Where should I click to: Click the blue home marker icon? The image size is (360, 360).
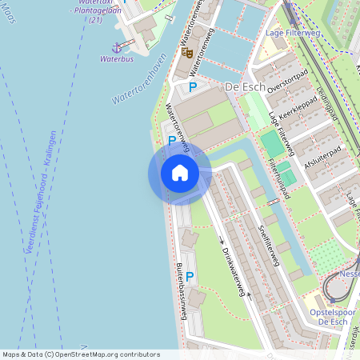click(x=179, y=173)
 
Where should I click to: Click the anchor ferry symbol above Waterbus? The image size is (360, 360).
click(x=116, y=47)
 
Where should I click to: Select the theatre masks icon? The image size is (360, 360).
click(x=187, y=53)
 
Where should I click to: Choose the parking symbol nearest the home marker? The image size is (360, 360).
click(x=172, y=141)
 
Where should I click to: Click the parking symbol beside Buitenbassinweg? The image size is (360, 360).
click(x=190, y=276)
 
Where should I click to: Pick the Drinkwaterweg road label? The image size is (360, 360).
click(x=232, y=272)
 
